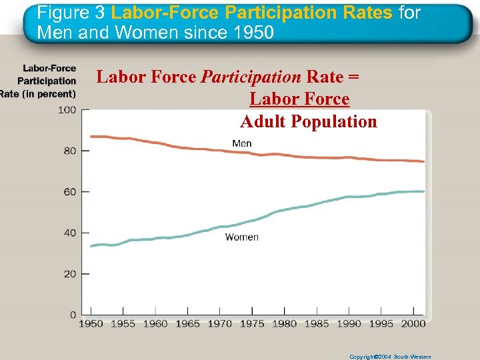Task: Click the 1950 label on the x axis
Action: [x=91, y=324]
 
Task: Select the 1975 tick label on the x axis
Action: [x=252, y=324]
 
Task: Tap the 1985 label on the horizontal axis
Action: [x=317, y=324]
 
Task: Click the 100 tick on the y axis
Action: [x=67, y=109]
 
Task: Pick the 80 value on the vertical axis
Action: [x=71, y=151]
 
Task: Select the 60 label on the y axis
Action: [x=71, y=192]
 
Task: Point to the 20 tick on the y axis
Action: [x=71, y=274]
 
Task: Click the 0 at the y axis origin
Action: [x=73, y=315]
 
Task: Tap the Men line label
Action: [x=241, y=143]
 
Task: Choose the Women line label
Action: [x=241, y=237]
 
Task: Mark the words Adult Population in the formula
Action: [x=309, y=122]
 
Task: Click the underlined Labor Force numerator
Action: [x=299, y=99]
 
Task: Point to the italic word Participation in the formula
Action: [x=251, y=77]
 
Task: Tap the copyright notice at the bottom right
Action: [x=390, y=357]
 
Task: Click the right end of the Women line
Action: [x=423, y=191]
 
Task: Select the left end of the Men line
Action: [x=91, y=136]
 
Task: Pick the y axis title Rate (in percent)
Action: [x=38, y=93]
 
